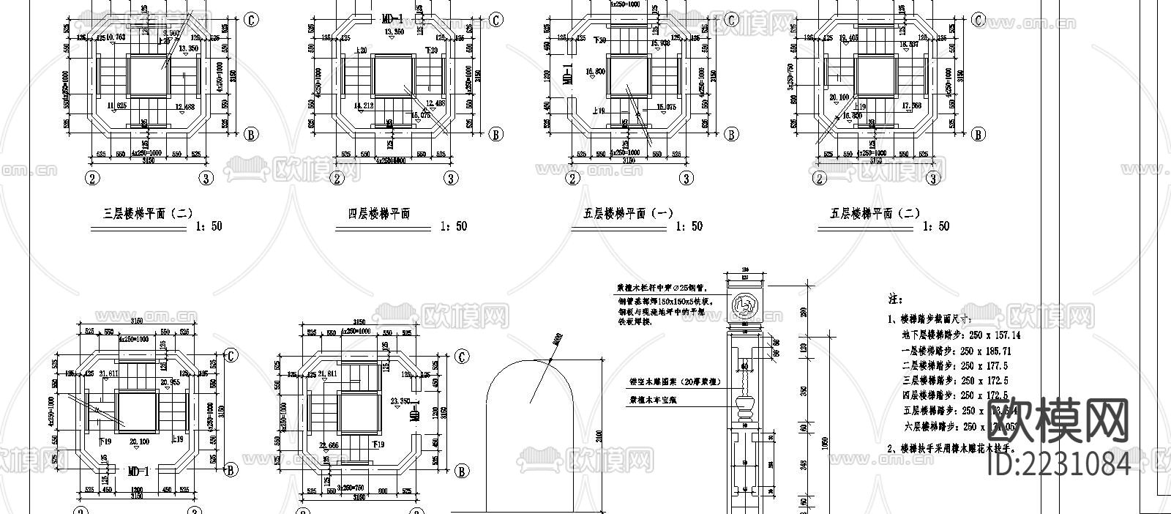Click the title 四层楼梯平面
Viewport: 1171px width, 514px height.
click(378, 214)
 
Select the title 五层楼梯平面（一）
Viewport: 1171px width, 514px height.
click(628, 214)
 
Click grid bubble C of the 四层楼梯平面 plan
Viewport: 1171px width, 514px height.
click(495, 21)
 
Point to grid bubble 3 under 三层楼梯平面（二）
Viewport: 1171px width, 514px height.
click(207, 178)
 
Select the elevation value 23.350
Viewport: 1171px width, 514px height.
click(400, 401)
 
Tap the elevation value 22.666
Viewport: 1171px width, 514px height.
click(330, 445)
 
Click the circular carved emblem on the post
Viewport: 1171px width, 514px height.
click(745, 302)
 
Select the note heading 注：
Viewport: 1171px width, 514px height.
click(895, 300)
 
